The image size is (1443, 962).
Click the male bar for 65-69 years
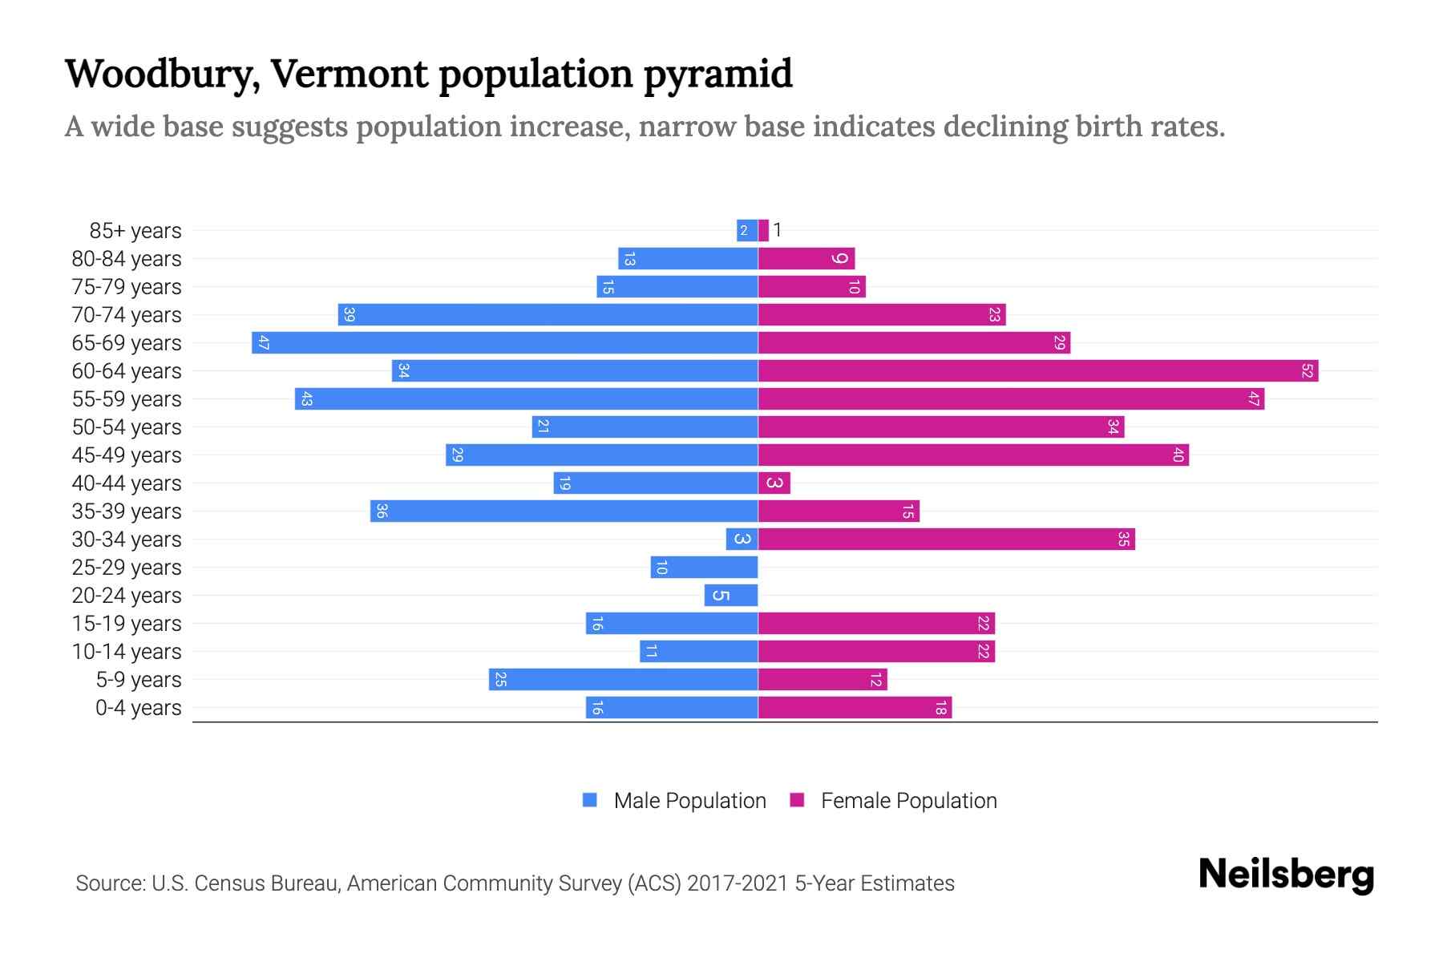[505, 343]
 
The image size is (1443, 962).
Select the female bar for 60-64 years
[1038, 371]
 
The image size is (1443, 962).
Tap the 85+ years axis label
[135, 231]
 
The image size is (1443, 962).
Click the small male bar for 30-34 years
[742, 540]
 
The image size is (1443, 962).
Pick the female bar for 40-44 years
[774, 483]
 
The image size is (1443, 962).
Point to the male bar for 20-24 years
[731, 596]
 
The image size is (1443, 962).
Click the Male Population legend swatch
[590, 800]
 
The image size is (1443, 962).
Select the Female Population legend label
[908, 801]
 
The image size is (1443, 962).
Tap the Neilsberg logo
[1286, 875]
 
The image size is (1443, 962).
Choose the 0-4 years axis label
[138, 708]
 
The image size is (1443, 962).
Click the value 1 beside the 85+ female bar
[777, 231]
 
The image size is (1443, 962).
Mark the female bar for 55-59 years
[1011, 399]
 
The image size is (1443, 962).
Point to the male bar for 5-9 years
[623, 680]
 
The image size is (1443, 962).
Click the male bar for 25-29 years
[704, 568]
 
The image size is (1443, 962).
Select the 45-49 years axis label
[127, 455]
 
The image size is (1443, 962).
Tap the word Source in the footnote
[110, 883]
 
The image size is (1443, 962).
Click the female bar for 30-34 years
[946, 540]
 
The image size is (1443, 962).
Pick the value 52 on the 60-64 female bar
[1307, 371]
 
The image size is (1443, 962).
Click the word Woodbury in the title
[161, 74]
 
